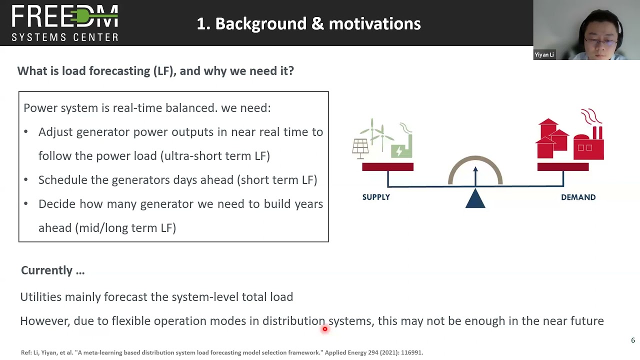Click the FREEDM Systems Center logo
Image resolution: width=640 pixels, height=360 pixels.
click(65, 23)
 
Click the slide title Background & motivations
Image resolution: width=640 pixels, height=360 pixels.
click(308, 23)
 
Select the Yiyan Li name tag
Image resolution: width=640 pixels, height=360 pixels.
click(544, 54)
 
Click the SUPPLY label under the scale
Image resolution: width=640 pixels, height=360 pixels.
click(376, 197)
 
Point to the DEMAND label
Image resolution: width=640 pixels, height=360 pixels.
click(578, 197)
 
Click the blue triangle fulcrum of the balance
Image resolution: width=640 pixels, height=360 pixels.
click(475, 199)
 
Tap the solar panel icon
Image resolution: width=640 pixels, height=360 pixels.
click(360, 148)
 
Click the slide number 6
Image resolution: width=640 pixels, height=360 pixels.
click(632, 340)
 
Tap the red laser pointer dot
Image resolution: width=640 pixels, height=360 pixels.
click(324, 329)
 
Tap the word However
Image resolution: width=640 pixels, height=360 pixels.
click(44, 321)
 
